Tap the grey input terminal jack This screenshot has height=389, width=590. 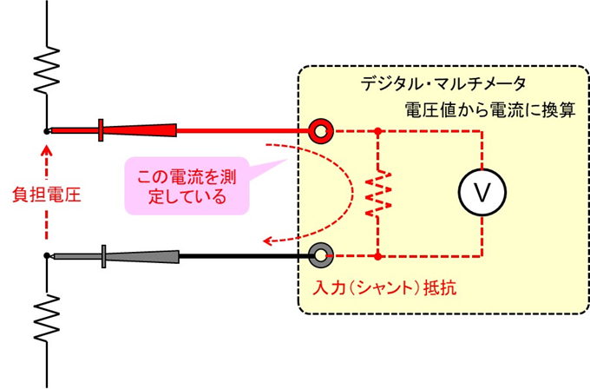(321, 255)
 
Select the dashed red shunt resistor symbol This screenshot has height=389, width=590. (378, 194)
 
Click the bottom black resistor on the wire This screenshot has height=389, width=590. (46, 315)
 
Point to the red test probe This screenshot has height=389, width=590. (121, 130)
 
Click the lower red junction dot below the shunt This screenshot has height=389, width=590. (378, 255)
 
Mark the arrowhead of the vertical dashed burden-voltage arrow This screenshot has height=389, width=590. (46, 148)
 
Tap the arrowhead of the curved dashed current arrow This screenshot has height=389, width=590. (270, 241)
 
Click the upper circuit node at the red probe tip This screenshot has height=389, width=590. (46, 131)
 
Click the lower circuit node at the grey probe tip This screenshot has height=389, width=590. (46, 255)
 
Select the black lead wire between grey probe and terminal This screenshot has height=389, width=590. (247, 255)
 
